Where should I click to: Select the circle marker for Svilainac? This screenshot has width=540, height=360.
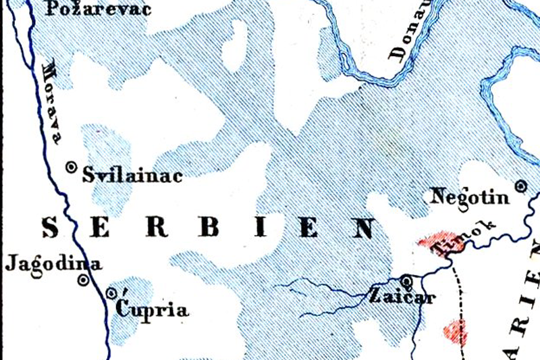(x=71, y=168)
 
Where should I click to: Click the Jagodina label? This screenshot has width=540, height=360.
(x=53, y=264)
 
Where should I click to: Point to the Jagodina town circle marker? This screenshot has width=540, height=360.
(x=83, y=279)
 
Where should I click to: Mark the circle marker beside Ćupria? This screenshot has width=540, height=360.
(x=112, y=293)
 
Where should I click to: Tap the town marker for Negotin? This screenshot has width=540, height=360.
(x=520, y=185)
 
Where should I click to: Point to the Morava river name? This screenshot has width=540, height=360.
(x=53, y=102)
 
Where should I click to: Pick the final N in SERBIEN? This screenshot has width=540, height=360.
(x=362, y=228)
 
